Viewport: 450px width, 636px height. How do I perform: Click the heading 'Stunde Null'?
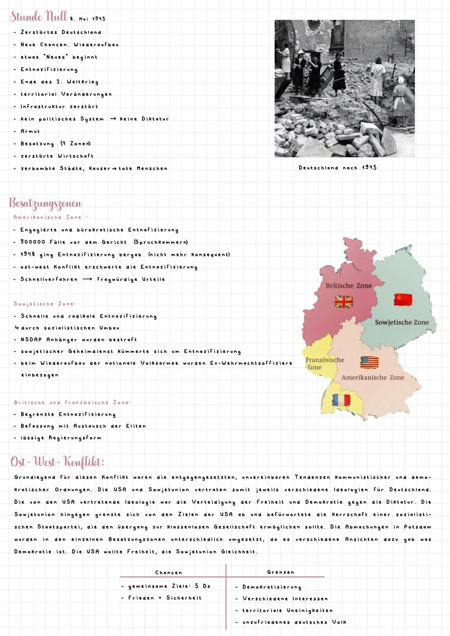(38, 17)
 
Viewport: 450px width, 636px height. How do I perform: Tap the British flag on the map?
(344, 301)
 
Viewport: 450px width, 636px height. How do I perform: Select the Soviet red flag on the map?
(403, 299)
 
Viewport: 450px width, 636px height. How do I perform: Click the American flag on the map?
(369, 362)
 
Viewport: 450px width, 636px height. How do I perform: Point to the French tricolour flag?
(341, 400)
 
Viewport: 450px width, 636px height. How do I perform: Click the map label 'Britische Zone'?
(348, 286)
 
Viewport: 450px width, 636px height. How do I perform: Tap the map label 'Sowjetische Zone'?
(402, 322)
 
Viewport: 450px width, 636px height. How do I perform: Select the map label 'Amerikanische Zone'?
(372, 377)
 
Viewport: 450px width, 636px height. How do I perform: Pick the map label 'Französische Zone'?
(324, 363)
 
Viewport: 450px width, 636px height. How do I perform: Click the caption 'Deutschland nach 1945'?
(337, 168)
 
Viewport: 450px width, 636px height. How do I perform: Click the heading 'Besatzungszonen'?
(45, 204)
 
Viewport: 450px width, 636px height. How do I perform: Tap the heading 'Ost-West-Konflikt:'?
(57, 462)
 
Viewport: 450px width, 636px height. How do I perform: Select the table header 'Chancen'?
(168, 573)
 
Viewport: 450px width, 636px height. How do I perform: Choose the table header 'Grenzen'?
(280, 572)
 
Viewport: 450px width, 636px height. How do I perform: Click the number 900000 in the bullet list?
(32, 242)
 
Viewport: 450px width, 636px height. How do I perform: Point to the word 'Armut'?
(30, 131)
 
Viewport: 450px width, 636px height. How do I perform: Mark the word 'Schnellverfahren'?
(49, 279)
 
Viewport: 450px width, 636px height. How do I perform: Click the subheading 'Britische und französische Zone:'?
(72, 402)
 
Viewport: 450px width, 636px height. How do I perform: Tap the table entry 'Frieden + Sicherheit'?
(165, 598)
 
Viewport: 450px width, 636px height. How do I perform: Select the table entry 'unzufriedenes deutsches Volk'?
(294, 622)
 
